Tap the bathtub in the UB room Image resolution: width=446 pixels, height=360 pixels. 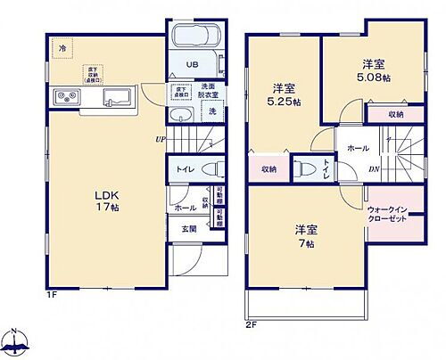(x=193, y=38)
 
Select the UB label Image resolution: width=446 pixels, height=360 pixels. (x=193, y=65)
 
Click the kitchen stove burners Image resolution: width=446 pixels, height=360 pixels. (x=67, y=97)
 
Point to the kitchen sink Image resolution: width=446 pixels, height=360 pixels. (x=117, y=97)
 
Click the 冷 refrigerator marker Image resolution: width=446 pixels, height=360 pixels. (x=62, y=46)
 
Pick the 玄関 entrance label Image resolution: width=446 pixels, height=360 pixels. (x=190, y=229)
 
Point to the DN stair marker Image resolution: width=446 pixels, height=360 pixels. (x=375, y=168)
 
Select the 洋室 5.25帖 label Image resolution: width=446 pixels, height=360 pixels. (x=284, y=94)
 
